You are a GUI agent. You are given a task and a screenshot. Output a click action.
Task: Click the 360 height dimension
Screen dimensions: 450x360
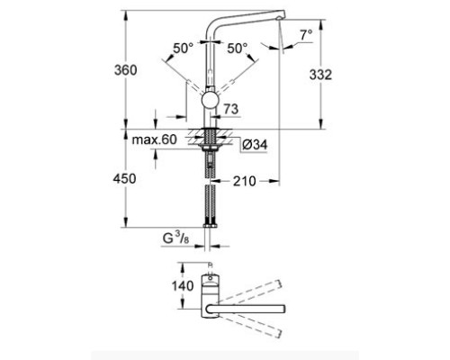[126, 70]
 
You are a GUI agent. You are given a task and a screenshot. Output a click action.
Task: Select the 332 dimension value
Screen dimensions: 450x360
[320, 75]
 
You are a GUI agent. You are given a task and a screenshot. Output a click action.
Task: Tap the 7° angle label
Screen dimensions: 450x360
[306, 35]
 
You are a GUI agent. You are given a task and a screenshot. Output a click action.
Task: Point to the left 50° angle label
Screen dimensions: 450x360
[184, 48]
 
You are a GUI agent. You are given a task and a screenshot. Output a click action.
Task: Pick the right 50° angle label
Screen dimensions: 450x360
[238, 48]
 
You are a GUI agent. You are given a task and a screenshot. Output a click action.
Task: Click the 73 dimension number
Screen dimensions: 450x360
[231, 109]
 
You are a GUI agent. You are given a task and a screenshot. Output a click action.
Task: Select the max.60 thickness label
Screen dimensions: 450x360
[155, 139]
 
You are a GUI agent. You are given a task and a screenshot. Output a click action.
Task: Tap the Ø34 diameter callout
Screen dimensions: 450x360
[255, 145]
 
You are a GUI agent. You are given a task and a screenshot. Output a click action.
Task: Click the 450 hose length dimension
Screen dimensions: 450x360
[124, 178]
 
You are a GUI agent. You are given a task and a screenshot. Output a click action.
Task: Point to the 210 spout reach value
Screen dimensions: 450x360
[245, 181]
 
